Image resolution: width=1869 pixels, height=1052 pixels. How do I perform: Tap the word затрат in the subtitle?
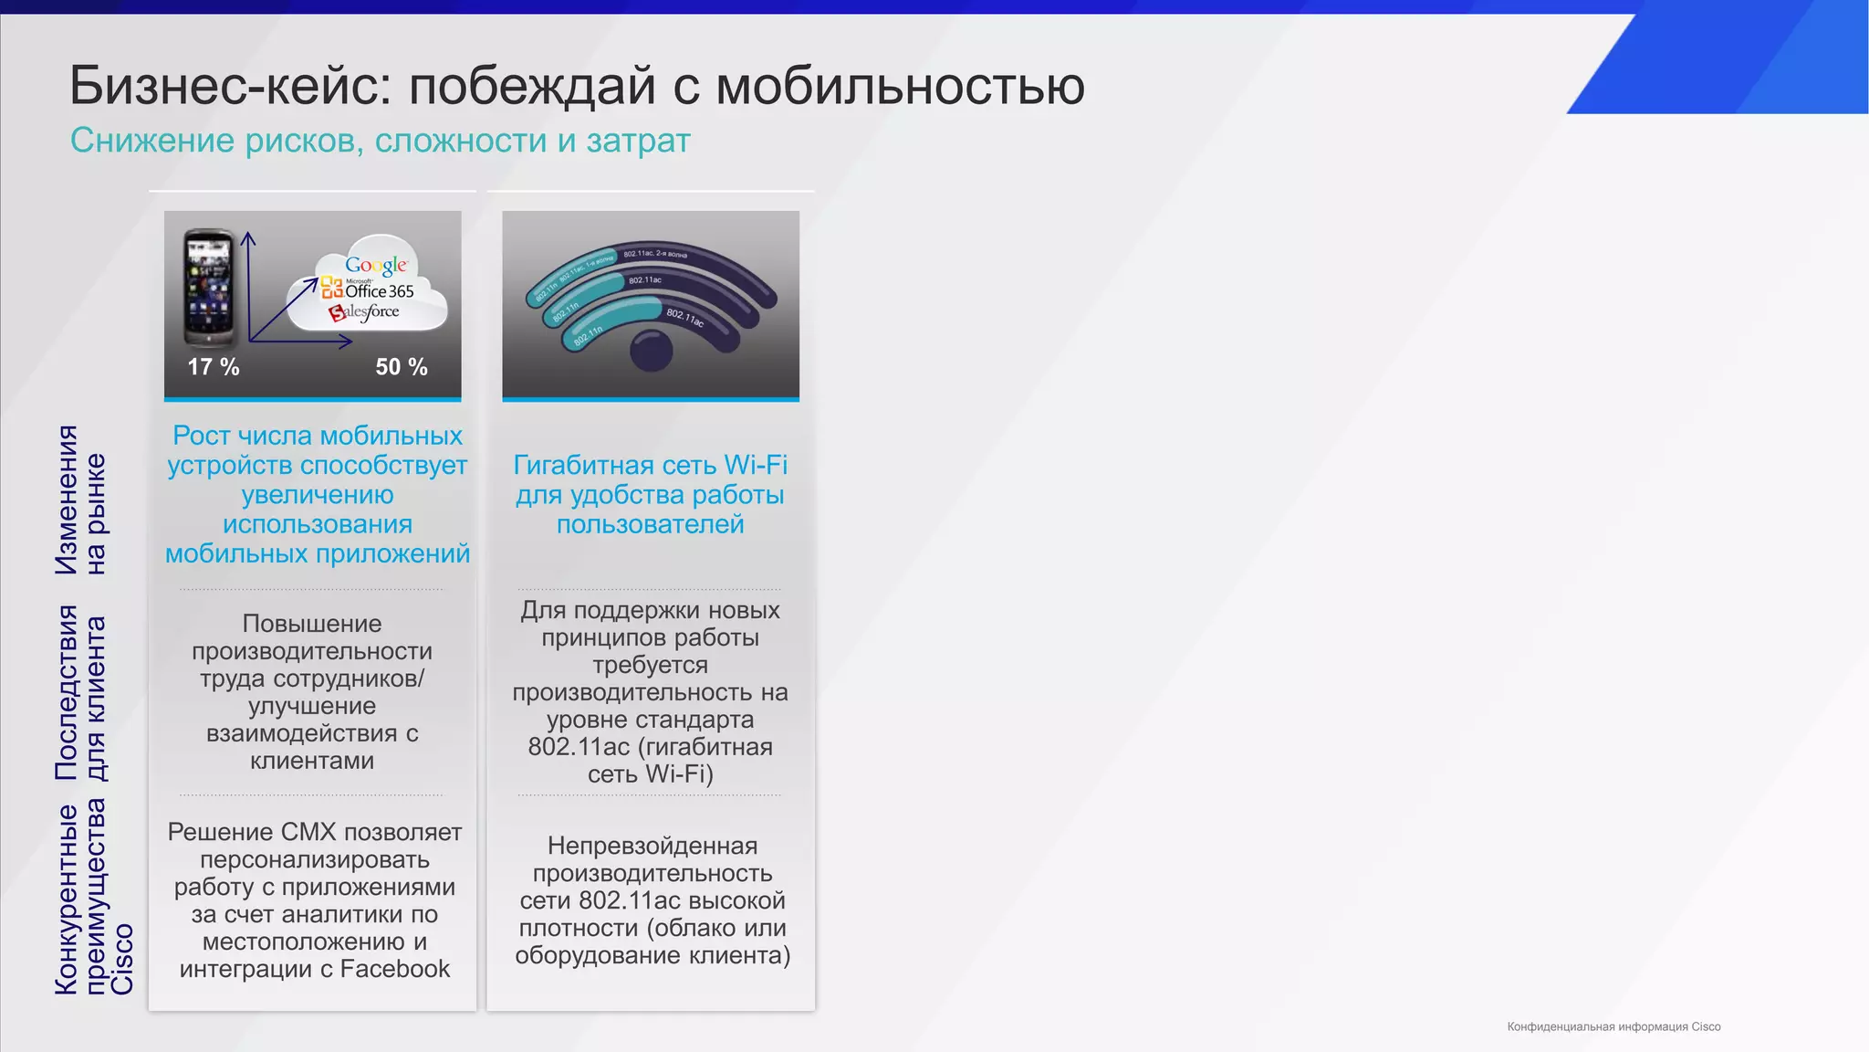[638, 142]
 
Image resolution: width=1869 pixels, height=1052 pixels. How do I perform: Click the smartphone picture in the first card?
[208, 287]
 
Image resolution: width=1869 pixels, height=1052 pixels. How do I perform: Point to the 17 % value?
[214, 367]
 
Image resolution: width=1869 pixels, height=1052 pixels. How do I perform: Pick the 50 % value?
[402, 367]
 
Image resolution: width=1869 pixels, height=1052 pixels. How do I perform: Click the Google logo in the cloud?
[376, 266]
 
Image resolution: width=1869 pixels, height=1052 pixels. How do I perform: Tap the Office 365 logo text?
[379, 291]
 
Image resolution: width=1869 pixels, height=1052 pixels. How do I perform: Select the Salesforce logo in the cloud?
[365, 312]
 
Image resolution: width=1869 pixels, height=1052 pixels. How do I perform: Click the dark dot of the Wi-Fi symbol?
[652, 350]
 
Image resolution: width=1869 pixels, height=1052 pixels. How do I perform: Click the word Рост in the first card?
[202, 436]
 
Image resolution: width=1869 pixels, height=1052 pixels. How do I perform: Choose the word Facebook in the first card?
[395, 969]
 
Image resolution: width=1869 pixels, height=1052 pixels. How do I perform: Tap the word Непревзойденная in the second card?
[653, 846]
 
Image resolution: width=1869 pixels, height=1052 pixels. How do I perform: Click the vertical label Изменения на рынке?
[80, 500]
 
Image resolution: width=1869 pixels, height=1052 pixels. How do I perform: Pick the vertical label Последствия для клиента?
[80, 692]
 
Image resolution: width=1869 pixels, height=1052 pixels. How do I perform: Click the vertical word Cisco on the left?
[122, 959]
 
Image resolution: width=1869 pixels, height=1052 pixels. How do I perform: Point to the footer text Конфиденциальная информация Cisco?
[1613, 1026]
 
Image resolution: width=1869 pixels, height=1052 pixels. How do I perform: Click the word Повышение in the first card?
[312, 624]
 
